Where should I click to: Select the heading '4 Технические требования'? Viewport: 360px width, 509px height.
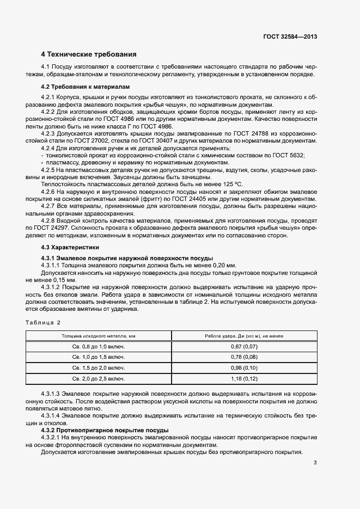point(89,54)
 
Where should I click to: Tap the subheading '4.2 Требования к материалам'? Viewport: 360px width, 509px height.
point(86,87)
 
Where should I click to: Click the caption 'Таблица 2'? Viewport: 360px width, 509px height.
point(44,323)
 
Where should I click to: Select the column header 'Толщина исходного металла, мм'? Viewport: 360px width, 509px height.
point(99,336)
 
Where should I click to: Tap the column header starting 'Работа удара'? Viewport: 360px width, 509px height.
point(243,336)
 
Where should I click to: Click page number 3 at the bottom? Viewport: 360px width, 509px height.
point(315,463)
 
